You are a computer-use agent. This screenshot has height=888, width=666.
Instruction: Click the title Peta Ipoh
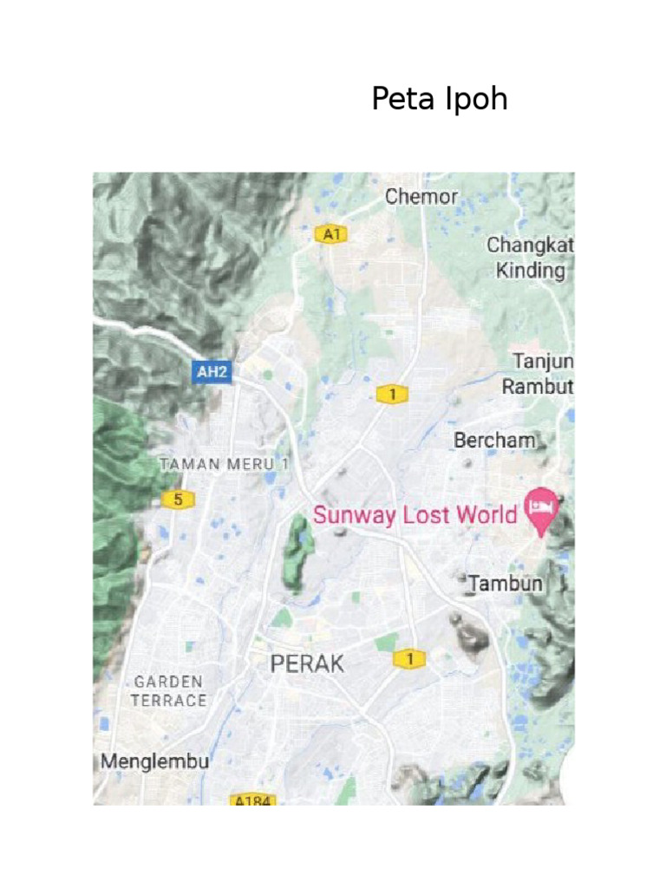(x=439, y=100)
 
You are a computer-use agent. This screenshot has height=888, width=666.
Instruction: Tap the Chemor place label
(x=421, y=197)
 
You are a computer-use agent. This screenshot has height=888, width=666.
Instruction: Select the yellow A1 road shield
(x=330, y=234)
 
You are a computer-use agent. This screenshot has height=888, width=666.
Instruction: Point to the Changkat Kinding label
(x=530, y=258)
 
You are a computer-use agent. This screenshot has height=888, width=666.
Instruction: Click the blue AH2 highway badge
(x=212, y=373)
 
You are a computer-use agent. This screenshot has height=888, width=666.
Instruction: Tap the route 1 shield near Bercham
(x=392, y=395)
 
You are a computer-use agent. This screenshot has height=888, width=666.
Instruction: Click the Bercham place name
(x=494, y=441)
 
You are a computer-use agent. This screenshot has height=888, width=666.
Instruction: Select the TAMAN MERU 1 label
(x=224, y=464)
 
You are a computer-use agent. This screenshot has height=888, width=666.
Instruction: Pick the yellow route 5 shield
(x=178, y=499)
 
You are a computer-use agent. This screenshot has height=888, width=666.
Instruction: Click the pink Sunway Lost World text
(x=415, y=515)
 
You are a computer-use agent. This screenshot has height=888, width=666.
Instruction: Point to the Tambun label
(x=506, y=584)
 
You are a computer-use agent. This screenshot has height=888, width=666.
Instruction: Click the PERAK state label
(x=307, y=664)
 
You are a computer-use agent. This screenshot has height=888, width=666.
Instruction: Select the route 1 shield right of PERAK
(x=410, y=659)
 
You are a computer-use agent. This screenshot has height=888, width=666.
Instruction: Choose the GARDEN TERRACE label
(x=169, y=691)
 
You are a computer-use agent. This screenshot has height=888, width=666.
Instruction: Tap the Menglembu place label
(x=155, y=761)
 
